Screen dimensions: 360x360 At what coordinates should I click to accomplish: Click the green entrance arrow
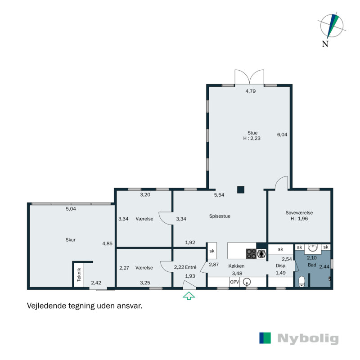pos(189,296)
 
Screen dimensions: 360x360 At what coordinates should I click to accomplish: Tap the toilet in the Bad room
pos(301,282)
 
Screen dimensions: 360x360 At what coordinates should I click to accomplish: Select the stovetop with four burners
pos(251,254)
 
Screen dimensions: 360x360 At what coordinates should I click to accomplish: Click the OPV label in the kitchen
pos(234,282)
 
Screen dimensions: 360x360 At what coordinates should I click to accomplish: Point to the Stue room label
pos(252,133)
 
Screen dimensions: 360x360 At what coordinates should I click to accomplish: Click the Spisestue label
pos(220,216)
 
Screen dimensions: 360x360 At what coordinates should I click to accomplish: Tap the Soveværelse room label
pos(299,212)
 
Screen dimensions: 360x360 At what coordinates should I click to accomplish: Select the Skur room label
pos(71,240)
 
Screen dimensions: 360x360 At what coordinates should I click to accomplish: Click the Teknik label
pos(79,274)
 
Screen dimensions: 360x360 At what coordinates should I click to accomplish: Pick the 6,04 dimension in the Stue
pos(282,135)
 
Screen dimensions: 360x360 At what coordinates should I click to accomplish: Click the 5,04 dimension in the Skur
pos(71,209)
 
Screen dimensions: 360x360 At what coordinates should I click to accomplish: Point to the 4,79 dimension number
pos(251,91)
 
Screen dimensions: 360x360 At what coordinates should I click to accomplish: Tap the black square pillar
pos(241,189)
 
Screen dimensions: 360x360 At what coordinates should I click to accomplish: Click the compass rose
pos(332,26)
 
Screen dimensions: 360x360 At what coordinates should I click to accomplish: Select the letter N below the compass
pos(325,44)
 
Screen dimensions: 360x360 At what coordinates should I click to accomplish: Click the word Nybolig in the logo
pos(308,339)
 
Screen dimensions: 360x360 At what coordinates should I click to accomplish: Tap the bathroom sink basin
pos(313,248)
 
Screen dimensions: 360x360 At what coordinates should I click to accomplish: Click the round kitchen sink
pos(247,282)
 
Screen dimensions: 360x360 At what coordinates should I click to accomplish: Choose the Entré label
pos(191,267)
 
